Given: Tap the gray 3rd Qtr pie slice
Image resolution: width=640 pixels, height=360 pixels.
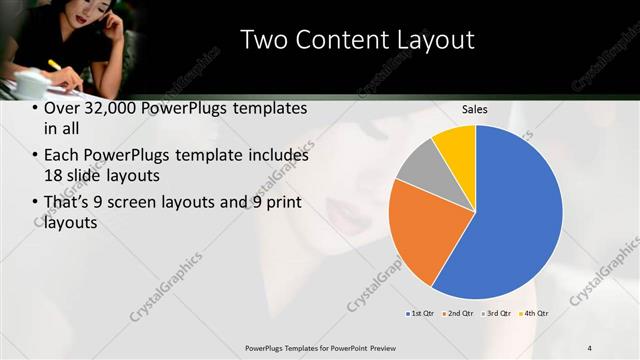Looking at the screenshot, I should click(x=419, y=166).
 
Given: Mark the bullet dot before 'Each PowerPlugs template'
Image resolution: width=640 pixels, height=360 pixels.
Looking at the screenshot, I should click(x=36, y=156).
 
